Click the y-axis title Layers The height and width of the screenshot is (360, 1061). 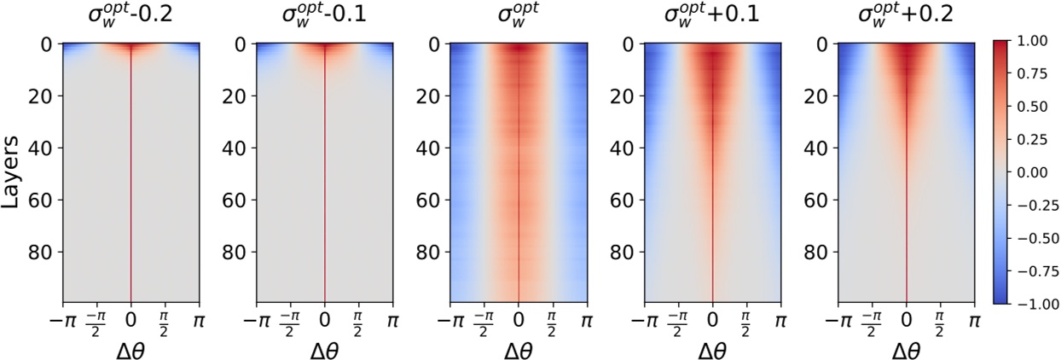(13, 171)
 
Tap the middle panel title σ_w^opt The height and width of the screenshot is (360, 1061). (519, 16)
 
